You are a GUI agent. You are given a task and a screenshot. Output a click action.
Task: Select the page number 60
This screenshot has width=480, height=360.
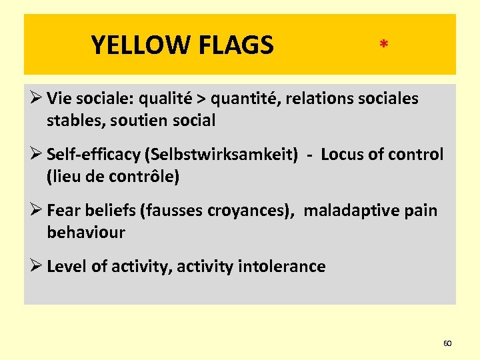[x=447, y=343]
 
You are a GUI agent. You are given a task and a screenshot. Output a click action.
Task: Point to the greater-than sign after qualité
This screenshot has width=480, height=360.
[x=199, y=99]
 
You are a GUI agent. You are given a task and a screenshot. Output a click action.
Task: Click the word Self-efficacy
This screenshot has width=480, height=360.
[x=94, y=155]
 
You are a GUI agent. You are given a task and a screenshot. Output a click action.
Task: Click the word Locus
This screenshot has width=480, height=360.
[x=341, y=155]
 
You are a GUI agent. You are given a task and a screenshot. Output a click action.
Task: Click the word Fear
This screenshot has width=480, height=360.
[x=63, y=211]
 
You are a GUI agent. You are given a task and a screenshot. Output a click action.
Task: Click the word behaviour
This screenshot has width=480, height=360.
[x=86, y=233]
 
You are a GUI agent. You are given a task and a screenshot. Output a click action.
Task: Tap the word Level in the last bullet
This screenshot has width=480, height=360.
[x=67, y=267]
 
